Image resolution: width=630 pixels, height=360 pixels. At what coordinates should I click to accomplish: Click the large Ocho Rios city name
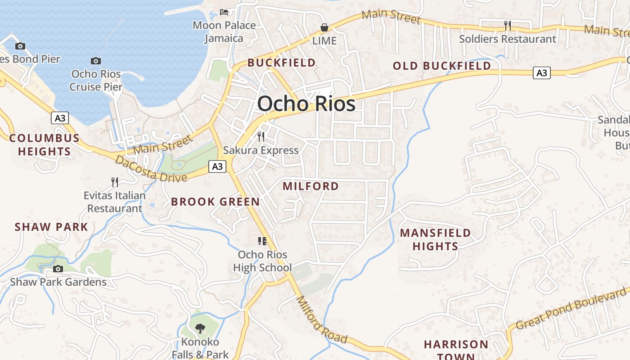306,104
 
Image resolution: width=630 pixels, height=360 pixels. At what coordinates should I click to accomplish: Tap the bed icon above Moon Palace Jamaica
224,12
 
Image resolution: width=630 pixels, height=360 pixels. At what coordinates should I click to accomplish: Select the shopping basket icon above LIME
324,27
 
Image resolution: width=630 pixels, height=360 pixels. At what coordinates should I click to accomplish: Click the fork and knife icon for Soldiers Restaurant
508,26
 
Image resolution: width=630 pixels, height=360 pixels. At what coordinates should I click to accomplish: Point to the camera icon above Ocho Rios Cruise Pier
95,61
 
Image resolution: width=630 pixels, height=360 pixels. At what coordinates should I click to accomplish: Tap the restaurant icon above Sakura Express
261,137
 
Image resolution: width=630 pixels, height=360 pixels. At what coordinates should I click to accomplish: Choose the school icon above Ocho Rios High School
262,241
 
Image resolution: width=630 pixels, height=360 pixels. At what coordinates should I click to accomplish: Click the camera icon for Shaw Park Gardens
58,269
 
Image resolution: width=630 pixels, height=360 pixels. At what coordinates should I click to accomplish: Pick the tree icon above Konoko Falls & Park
200,328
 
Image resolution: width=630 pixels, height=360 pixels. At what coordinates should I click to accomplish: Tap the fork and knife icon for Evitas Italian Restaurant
115,182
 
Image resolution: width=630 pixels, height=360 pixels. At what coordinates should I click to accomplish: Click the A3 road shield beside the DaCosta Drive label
217,166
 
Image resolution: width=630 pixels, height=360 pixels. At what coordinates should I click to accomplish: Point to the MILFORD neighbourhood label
310,186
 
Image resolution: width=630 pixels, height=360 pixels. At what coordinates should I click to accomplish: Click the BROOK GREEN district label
216,202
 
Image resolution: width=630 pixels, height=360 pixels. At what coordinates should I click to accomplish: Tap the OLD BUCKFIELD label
441,66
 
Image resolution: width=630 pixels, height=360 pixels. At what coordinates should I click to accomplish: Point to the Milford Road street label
322,319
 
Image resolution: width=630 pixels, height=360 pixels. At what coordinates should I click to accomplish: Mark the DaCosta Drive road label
151,169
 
